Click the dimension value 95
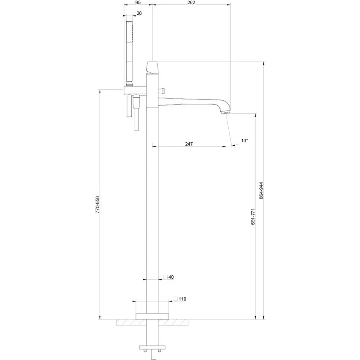coord(138,2)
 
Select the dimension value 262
coord(191,2)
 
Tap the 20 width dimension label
coord(139,13)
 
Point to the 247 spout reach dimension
coord(189,144)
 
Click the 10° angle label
coord(244,141)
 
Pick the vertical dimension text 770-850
coord(97,205)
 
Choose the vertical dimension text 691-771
coord(253,216)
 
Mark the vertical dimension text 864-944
coord(261,190)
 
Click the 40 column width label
coord(171,277)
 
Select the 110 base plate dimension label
coord(182,299)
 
